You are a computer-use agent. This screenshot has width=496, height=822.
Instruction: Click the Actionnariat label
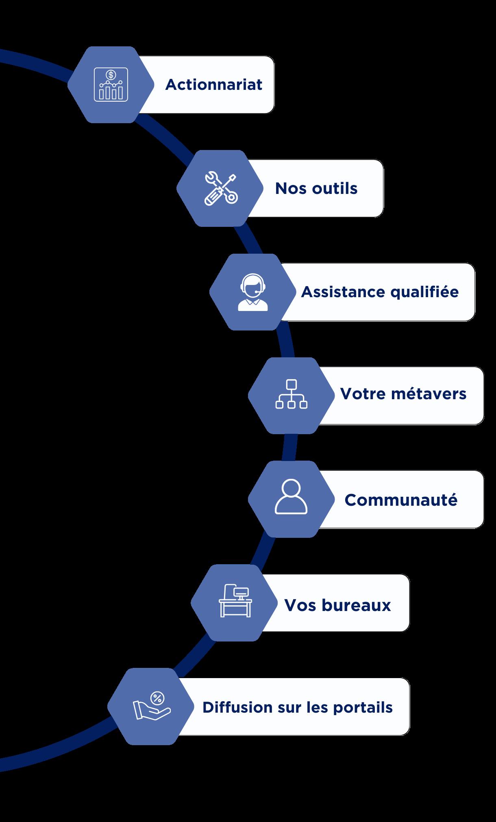pos(213,85)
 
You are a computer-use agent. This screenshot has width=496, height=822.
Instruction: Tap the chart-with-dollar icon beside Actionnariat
pos(111,85)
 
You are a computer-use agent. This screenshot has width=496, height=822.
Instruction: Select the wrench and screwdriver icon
pos(220,188)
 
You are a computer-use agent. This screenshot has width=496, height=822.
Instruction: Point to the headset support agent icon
pos(253,292)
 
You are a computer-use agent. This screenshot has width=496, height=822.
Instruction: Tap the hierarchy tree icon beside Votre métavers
pos(292,394)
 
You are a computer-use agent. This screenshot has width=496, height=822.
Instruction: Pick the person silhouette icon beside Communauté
pos(291,497)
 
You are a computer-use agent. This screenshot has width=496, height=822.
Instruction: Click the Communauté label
pos(401,500)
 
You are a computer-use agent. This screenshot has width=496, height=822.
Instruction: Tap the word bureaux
pos(356,605)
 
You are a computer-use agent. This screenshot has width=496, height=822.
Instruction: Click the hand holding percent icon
pos(152,707)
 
